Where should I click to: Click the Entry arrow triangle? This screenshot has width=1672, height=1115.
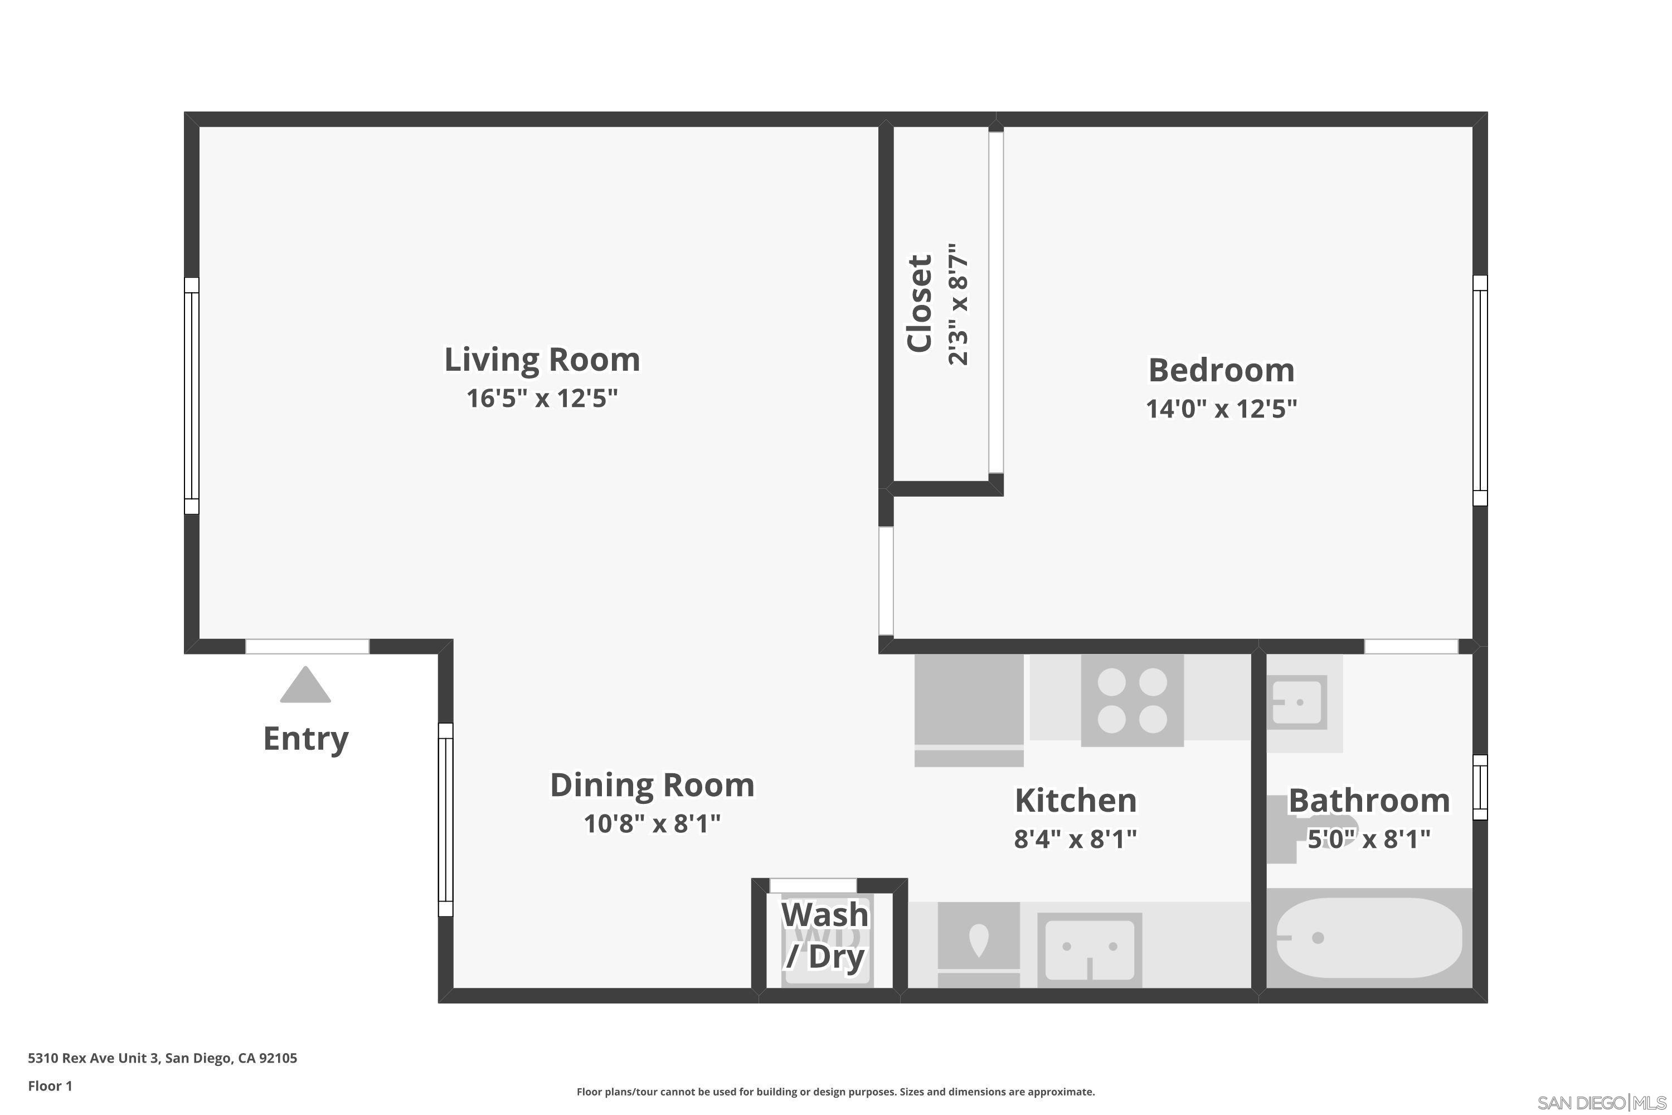[x=305, y=686]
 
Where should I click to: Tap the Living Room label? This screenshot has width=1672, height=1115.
[x=542, y=360]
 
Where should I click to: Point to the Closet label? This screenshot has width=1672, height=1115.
[x=919, y=304]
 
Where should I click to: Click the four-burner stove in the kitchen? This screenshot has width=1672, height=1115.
[x=1132, y=700]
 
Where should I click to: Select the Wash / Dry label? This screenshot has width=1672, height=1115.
[x=825, y=936]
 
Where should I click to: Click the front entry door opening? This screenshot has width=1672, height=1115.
[x=307, y=646]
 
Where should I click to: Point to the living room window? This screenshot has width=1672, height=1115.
[x=191, y=395]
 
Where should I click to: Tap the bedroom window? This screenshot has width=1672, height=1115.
[x=1479, y=390]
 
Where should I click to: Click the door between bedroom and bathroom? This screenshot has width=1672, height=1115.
[x=1411, y=646]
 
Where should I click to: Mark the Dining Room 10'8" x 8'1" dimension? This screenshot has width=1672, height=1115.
[x=652, y=823]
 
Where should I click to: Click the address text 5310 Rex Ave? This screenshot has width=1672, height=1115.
[x=162, y=1058]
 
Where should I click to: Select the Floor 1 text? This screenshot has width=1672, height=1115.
[x=50, y=1086]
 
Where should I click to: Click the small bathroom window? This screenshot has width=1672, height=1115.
[x=1479, y=787]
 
